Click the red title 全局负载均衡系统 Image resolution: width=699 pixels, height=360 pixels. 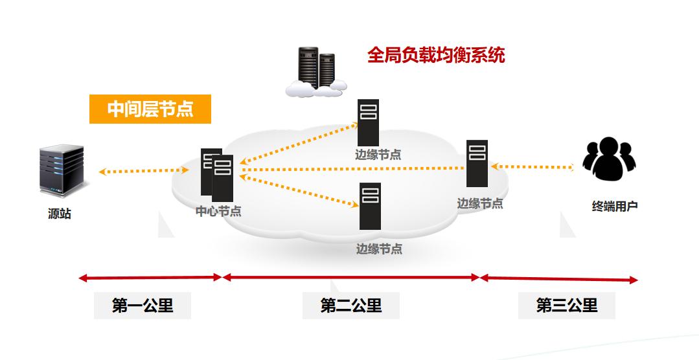tap(436, 55)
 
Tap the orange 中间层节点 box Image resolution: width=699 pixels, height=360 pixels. tap(150, 109)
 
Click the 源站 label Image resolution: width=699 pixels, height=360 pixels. tap(60, 214)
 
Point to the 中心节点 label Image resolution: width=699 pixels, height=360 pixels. tap(218, 211)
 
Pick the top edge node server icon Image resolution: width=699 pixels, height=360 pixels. tap(369, 122)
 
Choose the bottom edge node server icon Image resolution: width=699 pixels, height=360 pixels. tap(370, 206)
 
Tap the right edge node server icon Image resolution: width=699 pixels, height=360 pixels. tap(477, 163)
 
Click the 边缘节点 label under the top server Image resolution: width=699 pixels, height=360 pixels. tap(378, 154)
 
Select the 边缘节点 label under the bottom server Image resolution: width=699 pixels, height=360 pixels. tap(379, 249)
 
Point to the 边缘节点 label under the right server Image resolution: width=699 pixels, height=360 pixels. tap(480, 203)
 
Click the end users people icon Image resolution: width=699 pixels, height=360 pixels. tap(609, 159)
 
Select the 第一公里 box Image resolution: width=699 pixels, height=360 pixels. tap(143, 306)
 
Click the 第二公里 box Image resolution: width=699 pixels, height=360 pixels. tap(351, 306)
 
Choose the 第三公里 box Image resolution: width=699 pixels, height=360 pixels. tap(567, 306)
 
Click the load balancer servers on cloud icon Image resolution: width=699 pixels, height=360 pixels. tap(316, 72)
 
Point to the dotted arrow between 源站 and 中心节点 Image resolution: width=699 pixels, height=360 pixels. tap(144, 172)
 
